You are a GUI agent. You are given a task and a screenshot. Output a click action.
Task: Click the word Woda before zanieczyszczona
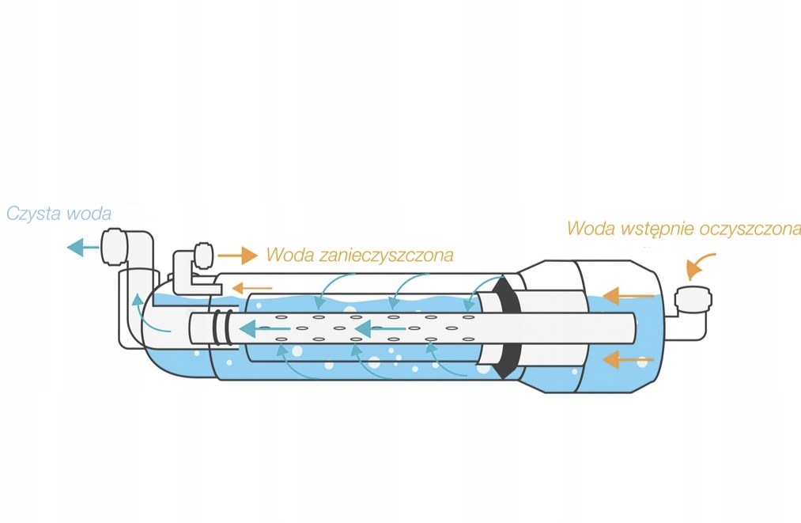coord(285,256)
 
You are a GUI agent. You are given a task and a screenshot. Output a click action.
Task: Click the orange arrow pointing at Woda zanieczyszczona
coord(237,256)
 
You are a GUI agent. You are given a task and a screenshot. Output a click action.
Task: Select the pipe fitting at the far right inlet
coord(693,301)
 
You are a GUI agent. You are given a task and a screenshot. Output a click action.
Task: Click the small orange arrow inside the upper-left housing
coord(252,288)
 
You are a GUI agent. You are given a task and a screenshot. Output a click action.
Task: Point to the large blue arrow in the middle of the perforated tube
coord(375,327)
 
